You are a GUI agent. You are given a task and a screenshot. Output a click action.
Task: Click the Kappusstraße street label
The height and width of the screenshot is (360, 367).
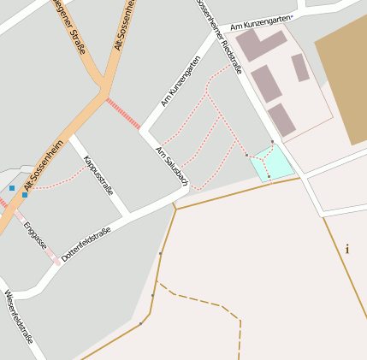(x=98, y=174)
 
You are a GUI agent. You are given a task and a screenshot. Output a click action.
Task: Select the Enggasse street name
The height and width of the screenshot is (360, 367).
(x=35, y=234)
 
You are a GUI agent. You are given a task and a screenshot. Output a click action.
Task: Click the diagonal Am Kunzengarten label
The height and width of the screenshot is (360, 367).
(x=181, y=81)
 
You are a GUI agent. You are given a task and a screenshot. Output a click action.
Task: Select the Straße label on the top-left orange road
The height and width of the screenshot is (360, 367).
(x=69, y=27)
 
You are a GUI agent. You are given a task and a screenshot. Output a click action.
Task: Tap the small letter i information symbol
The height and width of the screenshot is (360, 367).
(x=346, y=250)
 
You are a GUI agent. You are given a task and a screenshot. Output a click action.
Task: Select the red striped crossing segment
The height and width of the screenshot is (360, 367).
(x=124, y=113)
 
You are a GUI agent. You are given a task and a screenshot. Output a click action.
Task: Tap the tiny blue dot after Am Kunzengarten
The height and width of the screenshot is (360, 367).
(x=291, y=17)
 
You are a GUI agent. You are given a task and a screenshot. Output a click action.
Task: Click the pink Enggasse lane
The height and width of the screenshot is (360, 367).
(x=42, y=244)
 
